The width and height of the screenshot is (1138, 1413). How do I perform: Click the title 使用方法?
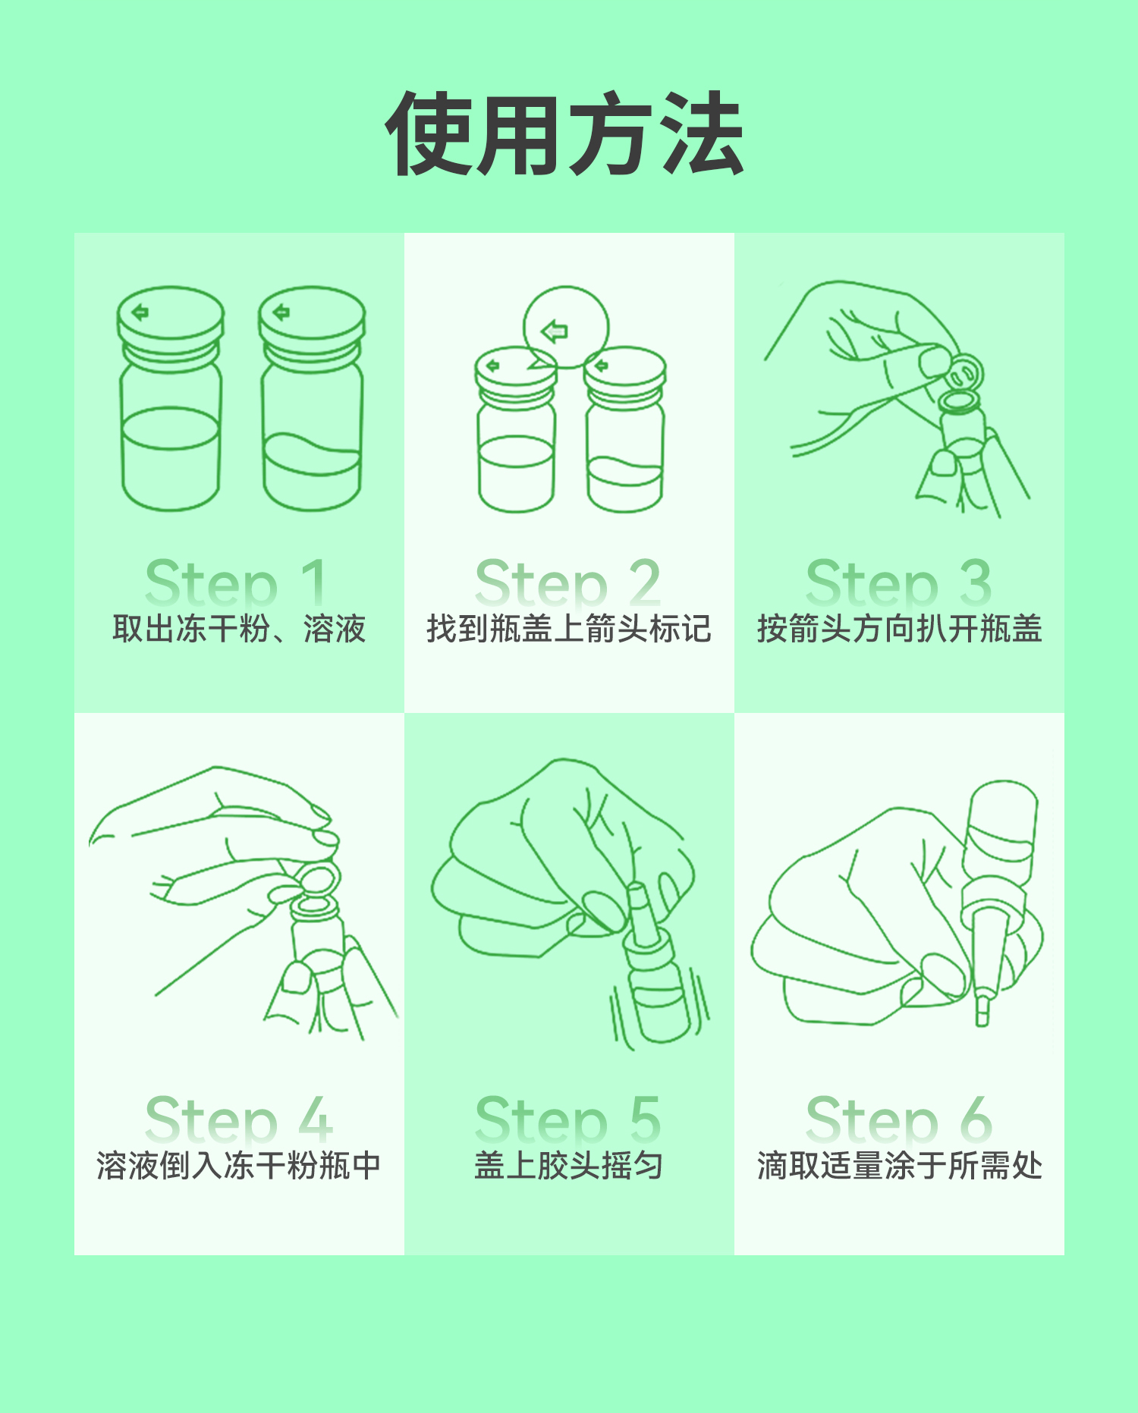click(x=565, y=134)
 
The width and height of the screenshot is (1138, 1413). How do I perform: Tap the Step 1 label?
click(x=237, y=582)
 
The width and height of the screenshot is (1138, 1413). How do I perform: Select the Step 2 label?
click(x=568, y=582)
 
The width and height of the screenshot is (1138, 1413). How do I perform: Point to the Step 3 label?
click(x=899, y=582)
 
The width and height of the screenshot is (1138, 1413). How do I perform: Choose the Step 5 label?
click(x=568, y=1119)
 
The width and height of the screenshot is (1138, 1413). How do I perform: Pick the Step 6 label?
click(x=899, y=1119)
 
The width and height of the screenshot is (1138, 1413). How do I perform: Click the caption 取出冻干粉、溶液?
click(x=239, y=629)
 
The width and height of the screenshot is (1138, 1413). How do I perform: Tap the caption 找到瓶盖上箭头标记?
click(x=569, y=629)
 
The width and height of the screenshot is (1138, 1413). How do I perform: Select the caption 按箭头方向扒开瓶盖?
click(x=899, y=629)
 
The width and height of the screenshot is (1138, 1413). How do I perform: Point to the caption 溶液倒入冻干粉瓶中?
click(x=238, y=1166)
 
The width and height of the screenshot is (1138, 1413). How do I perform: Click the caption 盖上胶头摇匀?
click(x=569, y=1166)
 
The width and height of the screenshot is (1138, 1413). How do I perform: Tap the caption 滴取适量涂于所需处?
click(x=899, y=1166)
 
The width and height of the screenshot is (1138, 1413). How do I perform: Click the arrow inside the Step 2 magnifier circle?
click(x=555, y=331)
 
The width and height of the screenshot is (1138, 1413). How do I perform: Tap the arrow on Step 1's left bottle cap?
click(x=140, y=312)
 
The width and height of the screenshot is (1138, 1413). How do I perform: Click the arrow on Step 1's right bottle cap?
click(x=281, y=312)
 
